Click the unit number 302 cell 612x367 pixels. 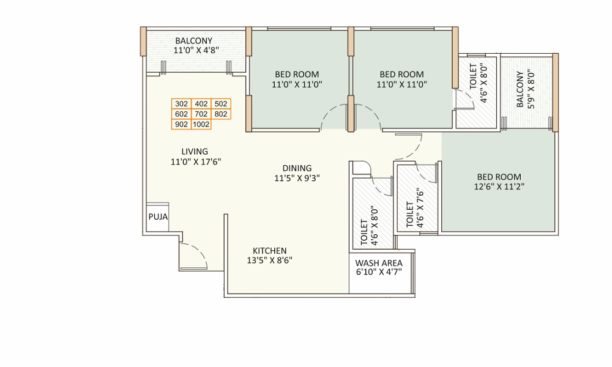tap(181, 104)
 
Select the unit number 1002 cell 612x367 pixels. tap(201, 124)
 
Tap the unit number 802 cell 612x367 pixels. tap(221, 114)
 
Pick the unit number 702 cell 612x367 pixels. tap(201, 114)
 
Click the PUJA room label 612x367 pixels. tap(157, 217)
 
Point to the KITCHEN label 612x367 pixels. tap(270, 251)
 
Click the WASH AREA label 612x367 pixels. tap(379, 263)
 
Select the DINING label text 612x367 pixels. tap(297, 168)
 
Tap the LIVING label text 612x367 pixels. tap(195, 152)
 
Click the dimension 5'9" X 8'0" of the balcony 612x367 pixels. tap(531, 89)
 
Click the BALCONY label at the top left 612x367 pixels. tap(193, 41)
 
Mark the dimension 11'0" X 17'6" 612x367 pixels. tap(195, 162)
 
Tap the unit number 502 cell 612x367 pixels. tap(221, 104)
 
